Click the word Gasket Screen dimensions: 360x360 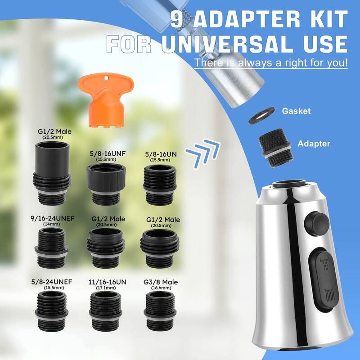coord(296,111)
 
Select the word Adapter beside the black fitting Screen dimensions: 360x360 coord(314,144)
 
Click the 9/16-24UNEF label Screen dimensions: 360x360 coord(53,218)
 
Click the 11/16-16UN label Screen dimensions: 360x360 coord(108,282)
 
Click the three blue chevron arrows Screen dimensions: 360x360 coord(203,152)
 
